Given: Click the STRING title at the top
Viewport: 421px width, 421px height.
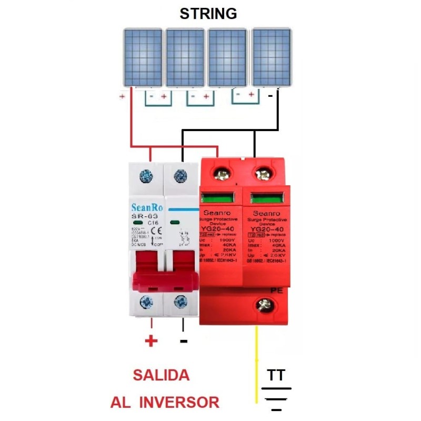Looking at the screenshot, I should click(x=208, y=14).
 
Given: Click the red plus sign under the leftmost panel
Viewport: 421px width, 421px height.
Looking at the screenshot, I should click(x=122, y=97).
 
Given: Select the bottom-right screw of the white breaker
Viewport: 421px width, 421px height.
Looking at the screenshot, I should click(x=181, y=302).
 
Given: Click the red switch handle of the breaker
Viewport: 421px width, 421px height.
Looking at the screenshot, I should click(x=163, y=271).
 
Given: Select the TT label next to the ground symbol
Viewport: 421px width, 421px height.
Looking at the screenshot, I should click(x=276, y=375).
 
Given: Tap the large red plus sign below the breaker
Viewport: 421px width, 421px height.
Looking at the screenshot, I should click(x=151, y=342).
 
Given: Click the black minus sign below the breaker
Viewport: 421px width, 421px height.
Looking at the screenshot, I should click(x=184, y=342).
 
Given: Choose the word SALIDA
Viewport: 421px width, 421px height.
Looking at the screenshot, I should click(x=161, y=375).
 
